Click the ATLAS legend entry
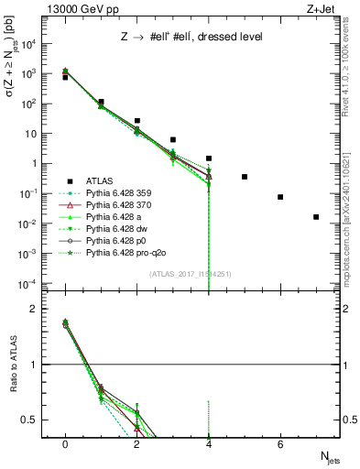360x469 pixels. [99, 181]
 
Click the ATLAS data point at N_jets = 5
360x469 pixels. [245, 177]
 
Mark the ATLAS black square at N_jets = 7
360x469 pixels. [316, 217]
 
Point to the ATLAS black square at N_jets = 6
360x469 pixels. [280, 197]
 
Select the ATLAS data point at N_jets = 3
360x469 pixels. [173, 140]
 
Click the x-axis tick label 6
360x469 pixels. [280, 443]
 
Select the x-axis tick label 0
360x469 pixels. [65, 443]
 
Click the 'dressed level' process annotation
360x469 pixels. [187, 36]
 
